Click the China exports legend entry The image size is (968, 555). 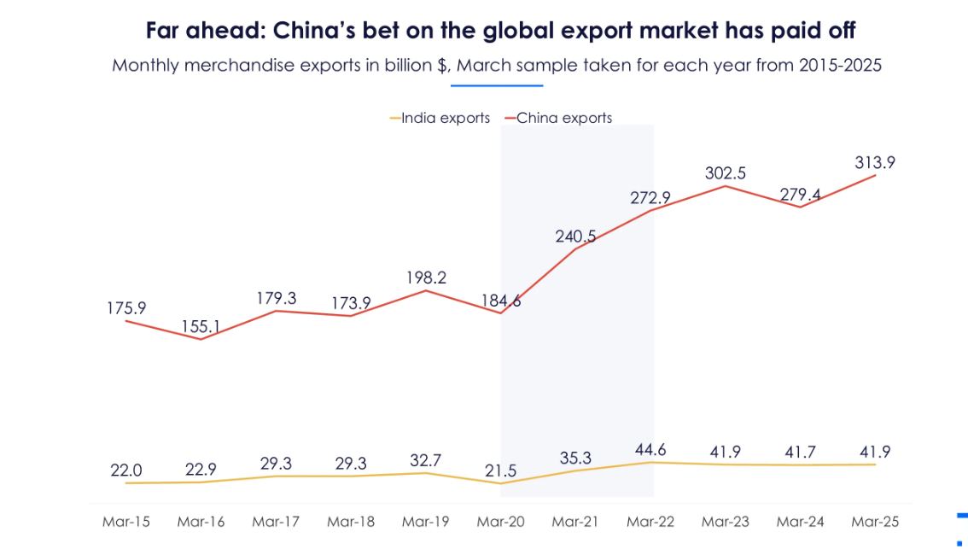coord(564,118)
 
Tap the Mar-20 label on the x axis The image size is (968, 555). coord(501,522)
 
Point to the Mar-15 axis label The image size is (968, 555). coord(125,522)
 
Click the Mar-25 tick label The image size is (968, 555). coord(875,522)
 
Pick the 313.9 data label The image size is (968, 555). coord(874,162)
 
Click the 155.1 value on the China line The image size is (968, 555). coord(201,325)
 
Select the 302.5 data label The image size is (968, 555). coord(726,172)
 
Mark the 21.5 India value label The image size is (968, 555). coord(501,471)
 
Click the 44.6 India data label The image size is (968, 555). coord(650,449)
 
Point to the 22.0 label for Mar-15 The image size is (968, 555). coord(126,470)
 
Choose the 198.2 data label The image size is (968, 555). coord(426,277)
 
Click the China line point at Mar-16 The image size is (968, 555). coord(201,339)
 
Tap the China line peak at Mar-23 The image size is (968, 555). coord(726,186)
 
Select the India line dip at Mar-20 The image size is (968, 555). coord(501,483)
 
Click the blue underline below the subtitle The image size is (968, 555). coord(498,85)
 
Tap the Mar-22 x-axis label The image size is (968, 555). coord(650,522)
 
